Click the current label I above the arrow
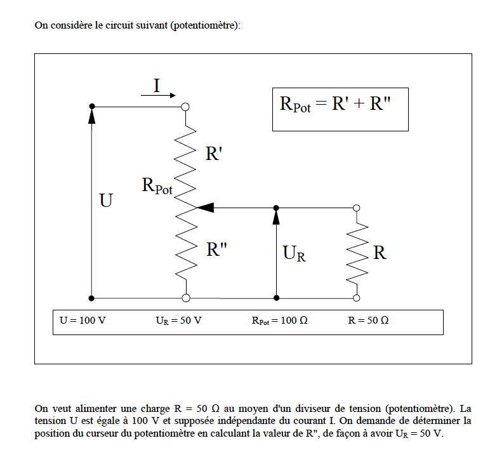click(157, 86)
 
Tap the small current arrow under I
click(158, 95)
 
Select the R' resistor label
click(214, 154)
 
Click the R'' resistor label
click(216, 249)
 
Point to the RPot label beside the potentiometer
click(157, 186)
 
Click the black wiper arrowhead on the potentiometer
click(206, 208)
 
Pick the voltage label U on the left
click(106, 201)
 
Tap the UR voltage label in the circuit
click(294, 253)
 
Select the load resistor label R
click(380, 253)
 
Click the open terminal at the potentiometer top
click(185, 107)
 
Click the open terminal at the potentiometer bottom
click(186, 298)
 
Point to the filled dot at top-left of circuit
click(92, 106)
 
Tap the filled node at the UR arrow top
click(276, 208)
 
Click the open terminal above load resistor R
click(356, 208)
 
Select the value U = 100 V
click(83, 321)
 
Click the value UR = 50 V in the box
click(179, 321)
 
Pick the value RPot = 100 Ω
click(279, 321)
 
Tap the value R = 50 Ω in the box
click(368, 321)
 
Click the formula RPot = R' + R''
click(335, 104)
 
